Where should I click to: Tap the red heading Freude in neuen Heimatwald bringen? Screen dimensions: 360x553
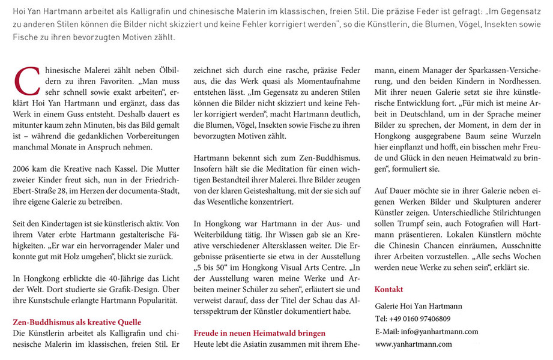(x=259, y=333)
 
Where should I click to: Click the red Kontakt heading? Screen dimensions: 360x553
(x=388, y=289)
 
